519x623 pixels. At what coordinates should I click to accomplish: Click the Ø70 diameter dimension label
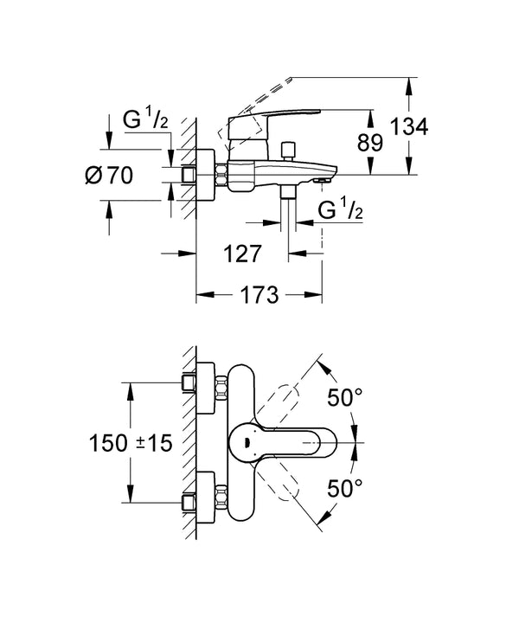click(x=110, y=176)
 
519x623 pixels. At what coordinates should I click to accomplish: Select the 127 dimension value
click(x=241, y=254)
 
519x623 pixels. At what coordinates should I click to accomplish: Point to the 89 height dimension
click(x=369, y=142)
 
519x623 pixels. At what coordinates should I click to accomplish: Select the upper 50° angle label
click(x=346, y=399)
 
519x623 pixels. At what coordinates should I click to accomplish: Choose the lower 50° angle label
click(x=346, y=489)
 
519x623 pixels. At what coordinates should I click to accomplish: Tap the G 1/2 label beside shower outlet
click(x=339, y=211)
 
